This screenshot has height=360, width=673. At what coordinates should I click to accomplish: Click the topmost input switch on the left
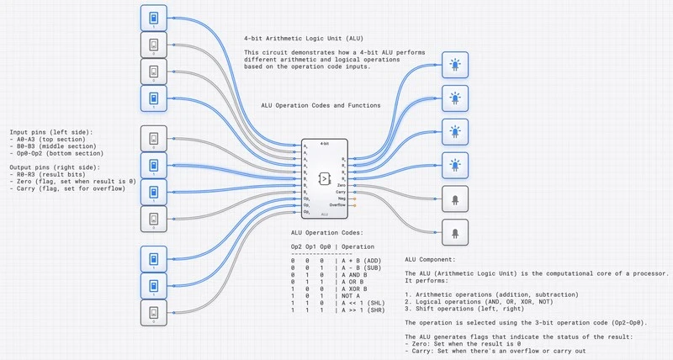pos(153,19)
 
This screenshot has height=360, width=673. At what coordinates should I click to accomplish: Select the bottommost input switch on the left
pos(153,313)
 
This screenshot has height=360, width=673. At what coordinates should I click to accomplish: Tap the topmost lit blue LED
pos(455,65)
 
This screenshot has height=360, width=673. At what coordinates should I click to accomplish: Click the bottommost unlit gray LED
pos(455,232)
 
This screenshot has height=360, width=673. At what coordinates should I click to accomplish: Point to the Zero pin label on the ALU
pos(342,184)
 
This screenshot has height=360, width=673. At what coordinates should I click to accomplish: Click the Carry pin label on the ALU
pos(341,192)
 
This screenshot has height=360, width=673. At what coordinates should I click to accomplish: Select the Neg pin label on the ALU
pos(342,199)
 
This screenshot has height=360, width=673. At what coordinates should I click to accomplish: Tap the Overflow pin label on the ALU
pos(338,205)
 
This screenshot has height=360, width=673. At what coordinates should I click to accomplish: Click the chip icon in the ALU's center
pos(323,178)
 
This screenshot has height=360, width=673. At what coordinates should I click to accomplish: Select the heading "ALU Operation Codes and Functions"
pos(321,105)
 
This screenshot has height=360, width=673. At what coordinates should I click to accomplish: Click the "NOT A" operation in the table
pos(351,295)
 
